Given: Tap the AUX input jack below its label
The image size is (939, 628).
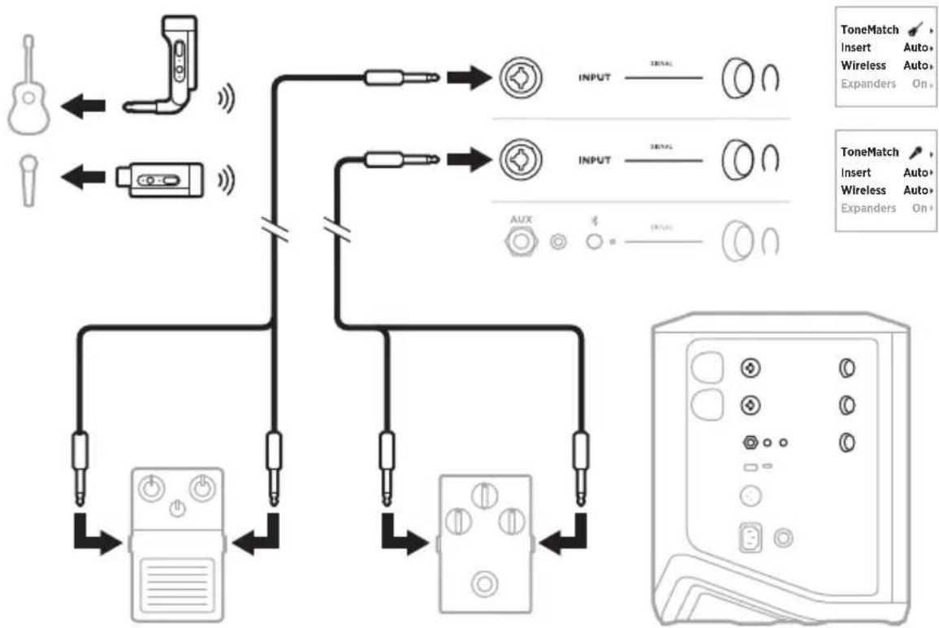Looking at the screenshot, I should click(x=521, y=241).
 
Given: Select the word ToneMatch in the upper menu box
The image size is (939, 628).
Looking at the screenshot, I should click(x=869, y=30).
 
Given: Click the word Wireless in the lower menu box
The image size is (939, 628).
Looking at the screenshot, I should click(x=863, y=190).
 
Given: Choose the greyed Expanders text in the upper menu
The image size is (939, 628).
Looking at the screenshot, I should click(x=868, y=84).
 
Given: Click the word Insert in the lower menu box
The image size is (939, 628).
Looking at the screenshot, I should click(x=856, y=172).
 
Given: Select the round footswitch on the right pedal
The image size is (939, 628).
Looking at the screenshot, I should click(x=486, y=583).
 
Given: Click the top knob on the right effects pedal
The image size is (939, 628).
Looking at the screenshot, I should click(x=486, y=494).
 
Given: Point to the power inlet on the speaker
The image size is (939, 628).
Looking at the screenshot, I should click(x=750, y=537).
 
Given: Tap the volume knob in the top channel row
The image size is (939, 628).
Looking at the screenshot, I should click(x=736, y=80).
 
